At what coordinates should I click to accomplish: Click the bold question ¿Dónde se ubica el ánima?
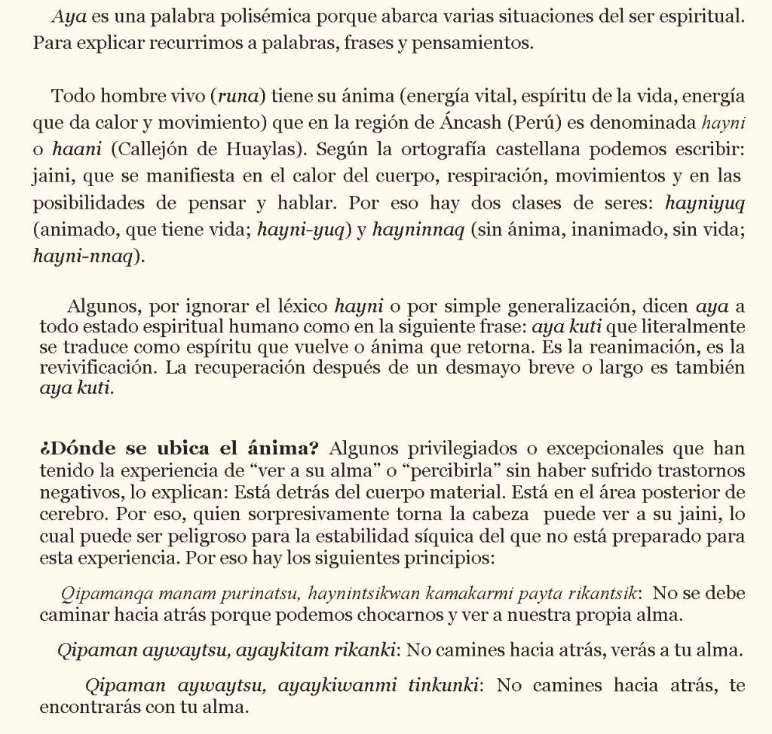(x=179, y=449)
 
